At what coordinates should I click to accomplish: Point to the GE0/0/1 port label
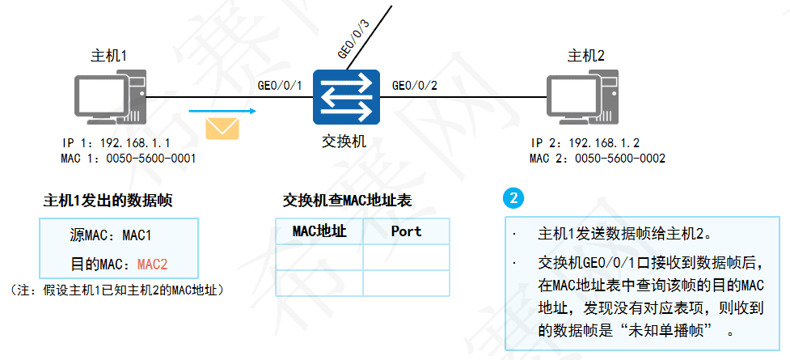tap(279, 85)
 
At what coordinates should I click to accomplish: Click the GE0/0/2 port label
tap(415, 85)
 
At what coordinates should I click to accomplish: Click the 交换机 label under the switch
tap(344, 141)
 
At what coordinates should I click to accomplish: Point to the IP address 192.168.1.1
tap(134, 142)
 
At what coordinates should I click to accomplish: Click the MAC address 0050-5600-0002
tap(619, 158)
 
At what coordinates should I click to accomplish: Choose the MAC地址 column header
tap(319, 231)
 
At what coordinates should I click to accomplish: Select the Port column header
tap(406, 231)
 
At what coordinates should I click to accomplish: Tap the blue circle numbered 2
tap(513, 198)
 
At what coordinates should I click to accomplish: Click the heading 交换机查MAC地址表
tap(348, 201)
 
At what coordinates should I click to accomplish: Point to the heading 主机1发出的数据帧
tap(108, 201)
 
